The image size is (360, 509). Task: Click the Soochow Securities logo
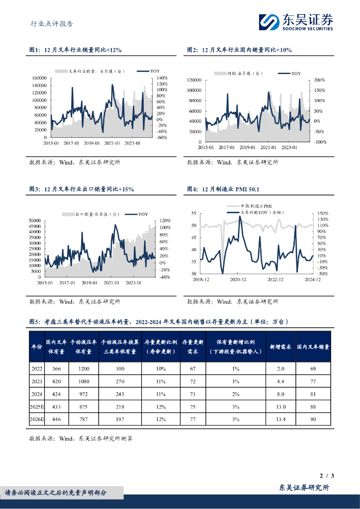[295, 22]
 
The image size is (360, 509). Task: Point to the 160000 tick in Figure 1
[39, 78]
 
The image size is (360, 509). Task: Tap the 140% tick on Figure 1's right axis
[162, 78]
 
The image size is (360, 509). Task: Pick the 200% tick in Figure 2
[319, 80]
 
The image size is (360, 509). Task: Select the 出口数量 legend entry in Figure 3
[90, 214]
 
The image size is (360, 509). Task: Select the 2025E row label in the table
[37, 406]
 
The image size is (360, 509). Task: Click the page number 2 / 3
[327, 476]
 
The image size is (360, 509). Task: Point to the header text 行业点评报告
[52, 23]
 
